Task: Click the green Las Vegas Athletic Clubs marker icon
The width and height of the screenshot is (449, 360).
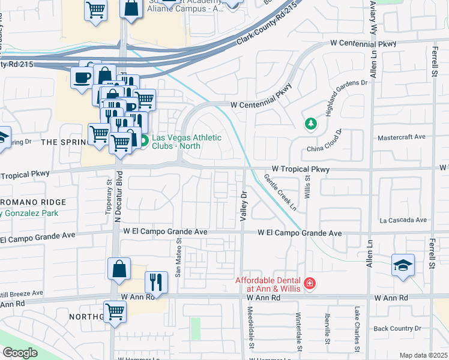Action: click(144, 142)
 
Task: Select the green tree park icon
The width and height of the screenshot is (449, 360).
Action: click(310, 124)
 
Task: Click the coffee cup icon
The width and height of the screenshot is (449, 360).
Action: click(82, 77)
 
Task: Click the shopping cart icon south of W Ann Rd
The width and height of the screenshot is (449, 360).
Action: click(115, 311)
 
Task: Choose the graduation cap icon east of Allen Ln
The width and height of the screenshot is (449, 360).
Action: click(402, 265)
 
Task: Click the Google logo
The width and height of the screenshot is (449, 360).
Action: click(19, 353)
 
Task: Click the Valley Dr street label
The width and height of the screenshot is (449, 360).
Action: click(244, 206)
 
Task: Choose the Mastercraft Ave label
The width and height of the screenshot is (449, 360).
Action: click(401, 137)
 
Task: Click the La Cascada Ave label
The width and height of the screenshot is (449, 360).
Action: click(402, 220)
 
